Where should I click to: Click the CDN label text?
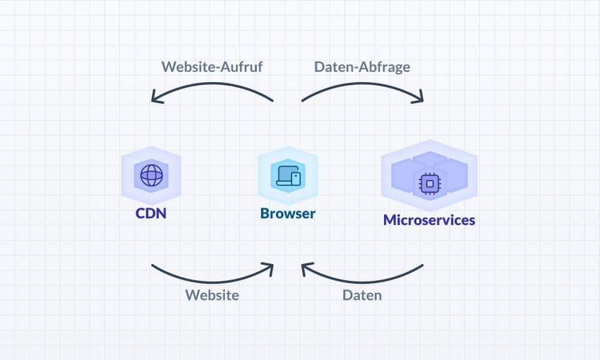151,214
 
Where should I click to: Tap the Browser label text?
288,214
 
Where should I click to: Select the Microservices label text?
429,220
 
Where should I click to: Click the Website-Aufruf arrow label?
212,67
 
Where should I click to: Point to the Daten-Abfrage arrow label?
362,67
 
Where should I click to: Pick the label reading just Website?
212,295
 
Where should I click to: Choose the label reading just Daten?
362,295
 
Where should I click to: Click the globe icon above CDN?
151,175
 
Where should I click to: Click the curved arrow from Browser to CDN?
213,85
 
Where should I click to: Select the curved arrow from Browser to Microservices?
362,85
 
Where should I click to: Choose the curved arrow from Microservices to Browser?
363,278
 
